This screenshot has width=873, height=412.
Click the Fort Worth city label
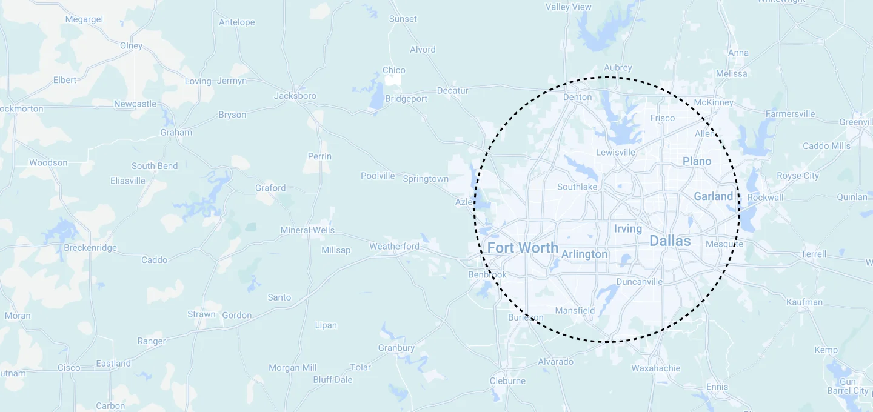(523, 247)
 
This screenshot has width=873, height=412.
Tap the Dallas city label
(670, 241)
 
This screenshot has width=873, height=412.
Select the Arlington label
(584, 254)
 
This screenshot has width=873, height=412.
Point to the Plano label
(697, 161)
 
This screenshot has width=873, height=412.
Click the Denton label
(577, 97)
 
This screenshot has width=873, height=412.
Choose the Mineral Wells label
(307, 230)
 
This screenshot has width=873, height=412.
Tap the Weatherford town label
(394, 246)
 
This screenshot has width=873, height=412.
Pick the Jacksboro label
(295, 96)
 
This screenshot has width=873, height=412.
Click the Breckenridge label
(90, 248)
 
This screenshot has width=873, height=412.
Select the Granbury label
(396, 348)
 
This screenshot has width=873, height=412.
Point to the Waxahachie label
(656, 368)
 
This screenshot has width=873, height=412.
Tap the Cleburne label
(507, 380)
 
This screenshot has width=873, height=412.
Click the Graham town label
(176, 132)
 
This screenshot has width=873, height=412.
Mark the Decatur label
(453, 91)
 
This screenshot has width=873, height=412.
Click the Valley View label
(568, 7)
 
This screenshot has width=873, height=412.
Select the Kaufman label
(804, 302)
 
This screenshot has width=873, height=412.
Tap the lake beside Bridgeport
(377, 97)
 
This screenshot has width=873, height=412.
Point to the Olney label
(131, 45)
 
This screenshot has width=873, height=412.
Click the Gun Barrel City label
(848, 386)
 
